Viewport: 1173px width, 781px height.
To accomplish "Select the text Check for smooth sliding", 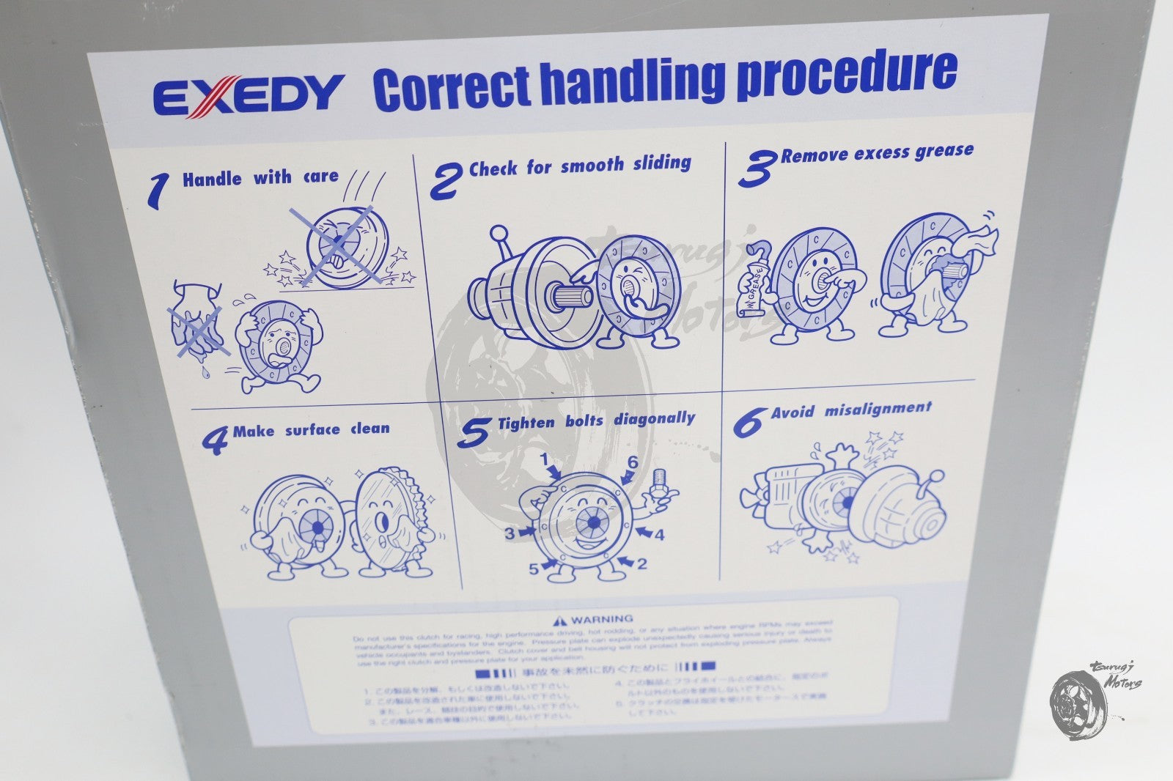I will [579, 166].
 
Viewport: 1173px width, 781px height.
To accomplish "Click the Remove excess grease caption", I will [877, 153].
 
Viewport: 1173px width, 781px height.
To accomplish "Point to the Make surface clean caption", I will [311, 430].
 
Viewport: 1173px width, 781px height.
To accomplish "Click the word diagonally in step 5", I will [654, 418].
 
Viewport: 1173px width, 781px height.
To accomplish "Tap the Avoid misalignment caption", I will [850, 410].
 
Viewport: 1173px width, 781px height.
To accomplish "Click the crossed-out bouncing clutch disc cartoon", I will [343, 245].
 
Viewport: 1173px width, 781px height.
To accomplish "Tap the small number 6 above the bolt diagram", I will [632, 463].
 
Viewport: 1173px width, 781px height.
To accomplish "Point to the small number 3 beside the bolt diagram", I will [510, 533].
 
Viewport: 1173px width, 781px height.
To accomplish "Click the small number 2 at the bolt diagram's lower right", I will [642, 564].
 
